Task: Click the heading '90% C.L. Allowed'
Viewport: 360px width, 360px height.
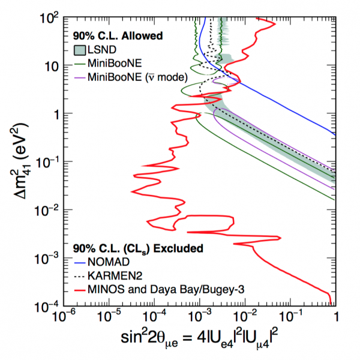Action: point(117,37)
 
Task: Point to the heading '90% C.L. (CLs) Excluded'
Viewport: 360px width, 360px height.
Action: point(138,248)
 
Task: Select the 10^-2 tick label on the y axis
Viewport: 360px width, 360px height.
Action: point(44,211)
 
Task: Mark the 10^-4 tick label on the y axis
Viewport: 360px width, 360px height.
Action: point(44,306)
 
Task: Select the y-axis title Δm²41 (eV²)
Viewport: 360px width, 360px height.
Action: point(16,162)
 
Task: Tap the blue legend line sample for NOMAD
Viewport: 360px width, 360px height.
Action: point(80,262)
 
